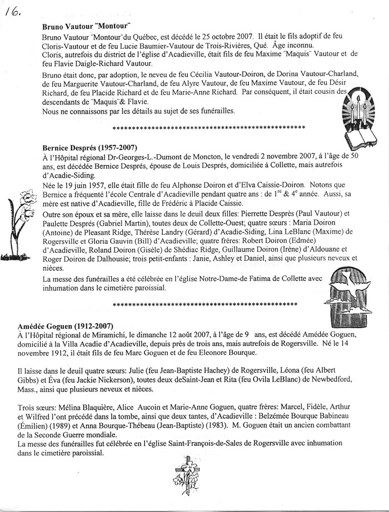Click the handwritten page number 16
(x=12, y=9)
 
